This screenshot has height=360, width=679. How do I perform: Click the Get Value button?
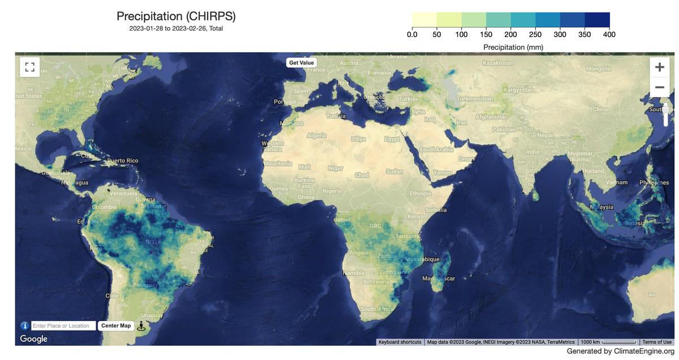coord(301,63)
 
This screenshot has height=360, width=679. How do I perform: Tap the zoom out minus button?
coord(659,87)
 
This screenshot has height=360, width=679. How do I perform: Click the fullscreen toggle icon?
coord(29,67)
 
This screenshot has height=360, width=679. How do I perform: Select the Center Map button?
coord(116,325)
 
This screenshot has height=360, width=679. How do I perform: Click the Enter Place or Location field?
coord(63,325)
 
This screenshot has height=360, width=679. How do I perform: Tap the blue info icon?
coord(25,325)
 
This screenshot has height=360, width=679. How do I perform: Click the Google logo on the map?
coord(34,338)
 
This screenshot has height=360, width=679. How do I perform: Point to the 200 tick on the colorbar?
coord(510,35)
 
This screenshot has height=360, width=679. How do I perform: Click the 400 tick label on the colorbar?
coord(609,35)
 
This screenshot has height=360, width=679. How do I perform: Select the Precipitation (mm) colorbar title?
coord(513,47)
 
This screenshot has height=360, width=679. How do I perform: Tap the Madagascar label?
coord(439,278)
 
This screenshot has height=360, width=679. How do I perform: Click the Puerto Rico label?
coord(122,161)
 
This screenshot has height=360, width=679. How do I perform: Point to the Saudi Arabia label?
coord(436,149)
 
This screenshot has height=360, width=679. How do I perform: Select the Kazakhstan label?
coord(498,62)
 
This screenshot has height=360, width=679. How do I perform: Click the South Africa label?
coord(377,309)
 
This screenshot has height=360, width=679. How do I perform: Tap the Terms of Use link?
coord(657,342)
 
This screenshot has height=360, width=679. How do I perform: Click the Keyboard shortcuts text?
coord(400,342)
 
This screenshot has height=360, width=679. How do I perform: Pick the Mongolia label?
coord(598,68)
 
